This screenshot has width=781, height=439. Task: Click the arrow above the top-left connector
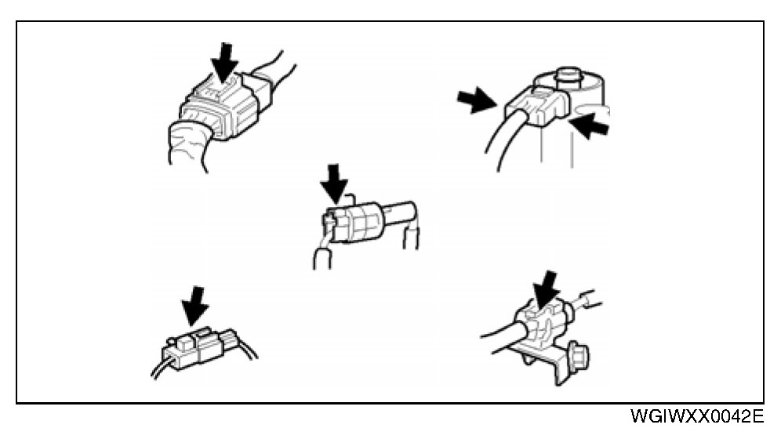click(x=225, y=62)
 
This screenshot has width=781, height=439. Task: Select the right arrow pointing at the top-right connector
click(x=590, y=125)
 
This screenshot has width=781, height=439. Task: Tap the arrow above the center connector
click(x=334, y=183)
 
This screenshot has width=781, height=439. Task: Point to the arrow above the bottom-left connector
click(x=196, y=306)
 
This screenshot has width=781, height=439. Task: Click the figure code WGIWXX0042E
click(x=697, y=416)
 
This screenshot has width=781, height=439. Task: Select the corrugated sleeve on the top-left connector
click(x=188, y=144)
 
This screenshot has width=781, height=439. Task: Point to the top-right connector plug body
click(x=537, y=104)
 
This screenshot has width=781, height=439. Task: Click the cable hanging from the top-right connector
click(x=503, y=140)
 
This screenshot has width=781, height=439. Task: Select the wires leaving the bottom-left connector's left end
click(x=162, y=368)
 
